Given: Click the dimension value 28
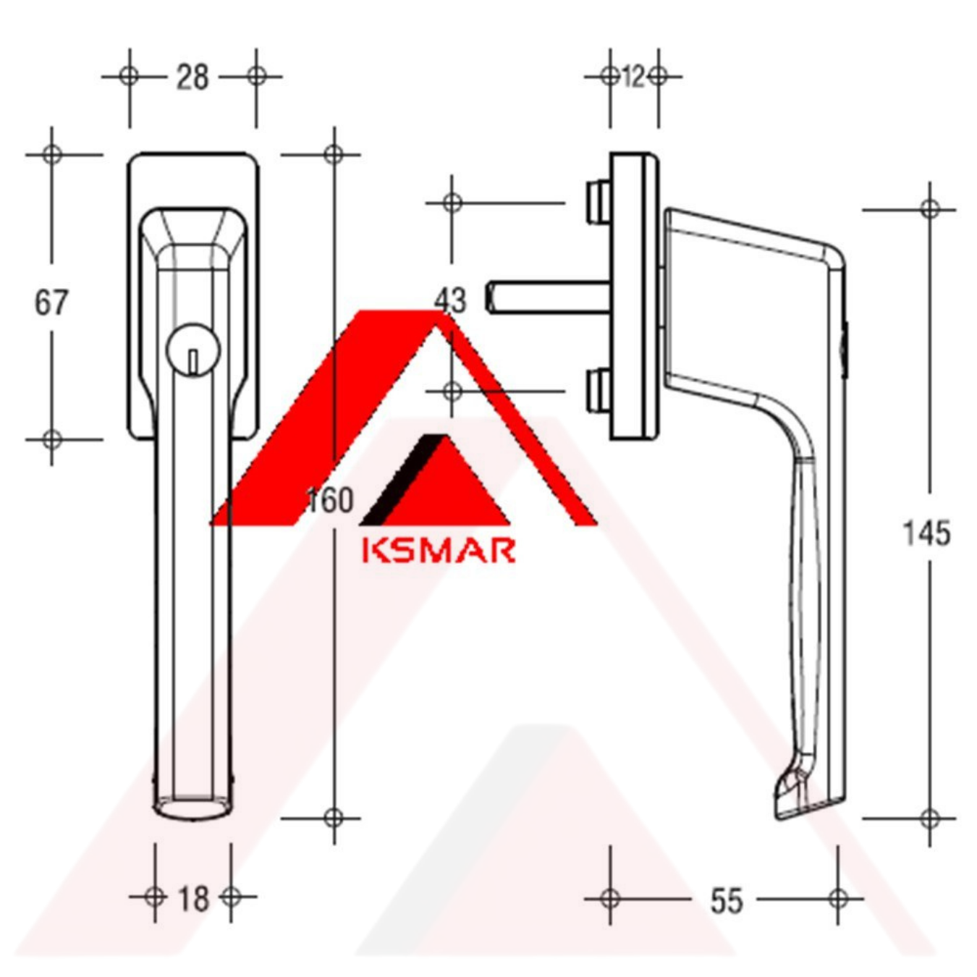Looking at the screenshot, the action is (193, 77).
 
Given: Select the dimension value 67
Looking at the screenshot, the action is (51, 303).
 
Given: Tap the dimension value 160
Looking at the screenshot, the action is (330, 500).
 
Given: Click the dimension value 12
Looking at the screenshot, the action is (633, 77).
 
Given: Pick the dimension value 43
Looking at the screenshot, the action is (449, 301).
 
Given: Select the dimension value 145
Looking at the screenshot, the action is (926, 534).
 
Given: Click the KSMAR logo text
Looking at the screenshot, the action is (439, 550).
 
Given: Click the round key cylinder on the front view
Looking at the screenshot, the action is (193, 350).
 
